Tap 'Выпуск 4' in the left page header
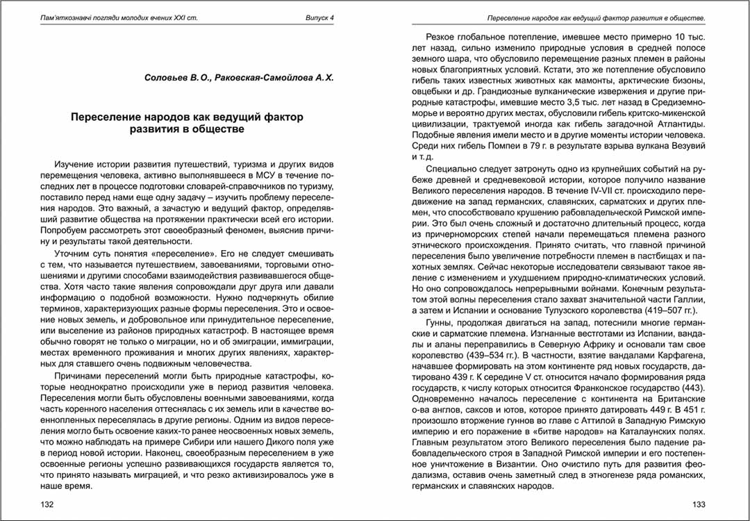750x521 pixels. [320, 17]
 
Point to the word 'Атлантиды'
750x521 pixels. [674, 124]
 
